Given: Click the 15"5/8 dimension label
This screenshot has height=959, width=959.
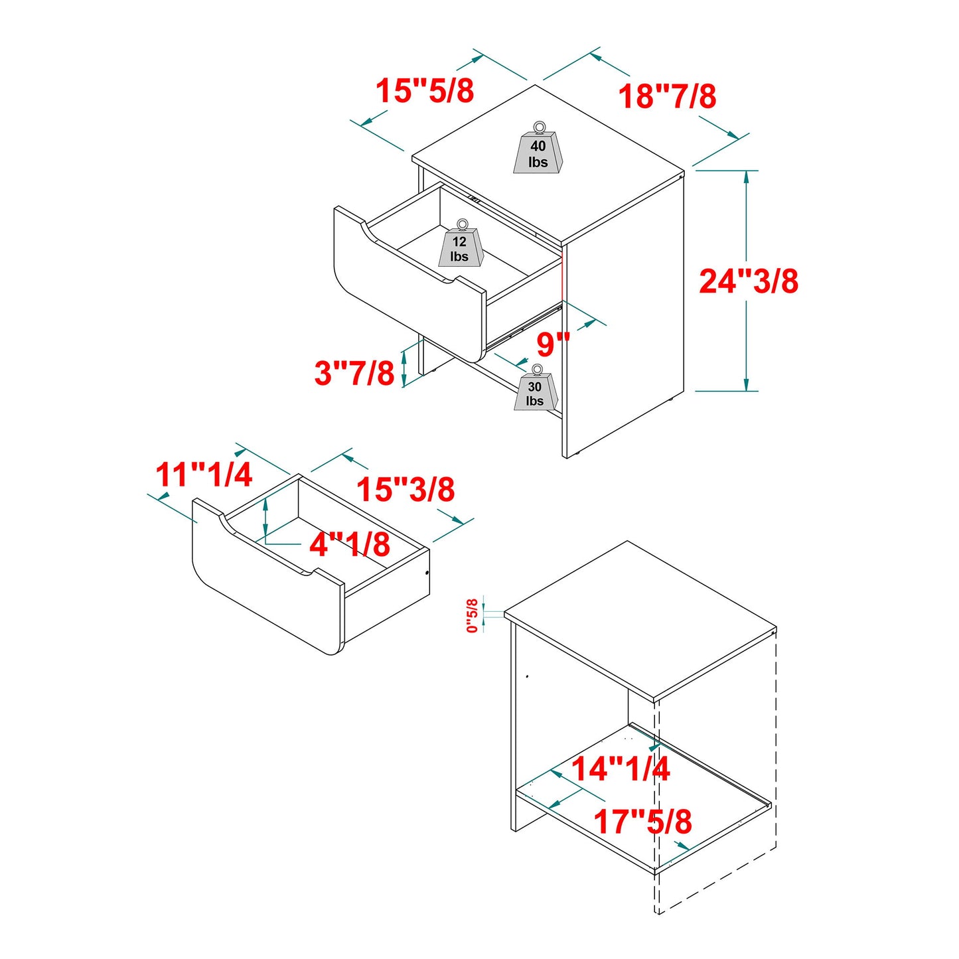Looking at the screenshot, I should click(425, 91).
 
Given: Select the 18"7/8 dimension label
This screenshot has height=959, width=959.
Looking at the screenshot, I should click(667, 96).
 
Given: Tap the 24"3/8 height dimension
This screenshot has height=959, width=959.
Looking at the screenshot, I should click(749, 281).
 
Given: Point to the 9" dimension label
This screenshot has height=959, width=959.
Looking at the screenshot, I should click(553, 344).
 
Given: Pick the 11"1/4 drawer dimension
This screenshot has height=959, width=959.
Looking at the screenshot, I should click(204, 475).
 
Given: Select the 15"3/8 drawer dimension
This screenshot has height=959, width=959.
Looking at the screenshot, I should click(406, 490).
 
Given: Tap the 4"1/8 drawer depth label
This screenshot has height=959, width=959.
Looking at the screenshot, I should click(350, 545).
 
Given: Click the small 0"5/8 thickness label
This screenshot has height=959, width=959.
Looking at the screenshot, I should click(473, 615).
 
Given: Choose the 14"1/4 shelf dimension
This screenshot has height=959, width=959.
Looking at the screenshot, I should click(620, 769).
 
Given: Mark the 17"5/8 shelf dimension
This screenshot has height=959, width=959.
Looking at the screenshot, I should click(642, 822).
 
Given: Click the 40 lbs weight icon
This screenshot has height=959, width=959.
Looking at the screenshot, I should click(538, 149).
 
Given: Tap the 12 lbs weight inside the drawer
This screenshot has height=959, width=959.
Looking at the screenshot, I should click(459, 245).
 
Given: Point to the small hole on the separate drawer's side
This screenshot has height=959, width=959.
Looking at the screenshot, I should click(426, 573).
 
